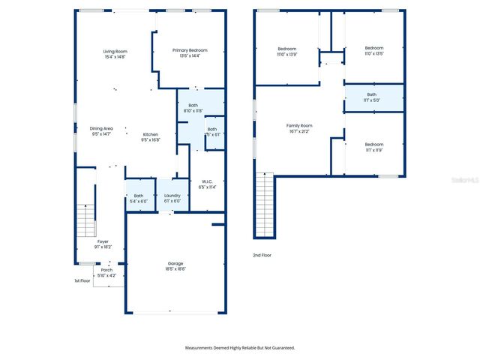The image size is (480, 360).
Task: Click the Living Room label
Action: coord(115,53)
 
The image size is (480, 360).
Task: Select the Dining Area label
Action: coord(101,130)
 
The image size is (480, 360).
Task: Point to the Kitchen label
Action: coord(150,137)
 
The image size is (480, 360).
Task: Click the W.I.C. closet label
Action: coord(208,184)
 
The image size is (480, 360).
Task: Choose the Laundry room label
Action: coord(172,198)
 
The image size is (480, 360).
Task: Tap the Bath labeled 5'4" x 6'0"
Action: coord(139,198)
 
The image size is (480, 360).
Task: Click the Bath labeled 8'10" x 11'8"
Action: coord(193,108)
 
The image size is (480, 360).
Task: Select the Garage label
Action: coord(175,266)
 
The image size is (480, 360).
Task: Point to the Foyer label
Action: coord(103,244)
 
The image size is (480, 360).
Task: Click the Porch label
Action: coord(107,272)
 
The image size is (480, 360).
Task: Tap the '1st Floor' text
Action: coord(82,280)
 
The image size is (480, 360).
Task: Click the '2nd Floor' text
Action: coord(262,256)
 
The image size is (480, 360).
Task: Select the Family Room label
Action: coord(299,128)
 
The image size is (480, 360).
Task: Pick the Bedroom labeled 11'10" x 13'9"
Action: coord(287,52)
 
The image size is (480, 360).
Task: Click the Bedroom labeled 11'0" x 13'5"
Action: coord(373,51)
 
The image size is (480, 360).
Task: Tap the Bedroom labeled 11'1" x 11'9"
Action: coord(373,147)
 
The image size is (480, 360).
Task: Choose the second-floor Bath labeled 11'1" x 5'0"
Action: coord(372,97)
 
